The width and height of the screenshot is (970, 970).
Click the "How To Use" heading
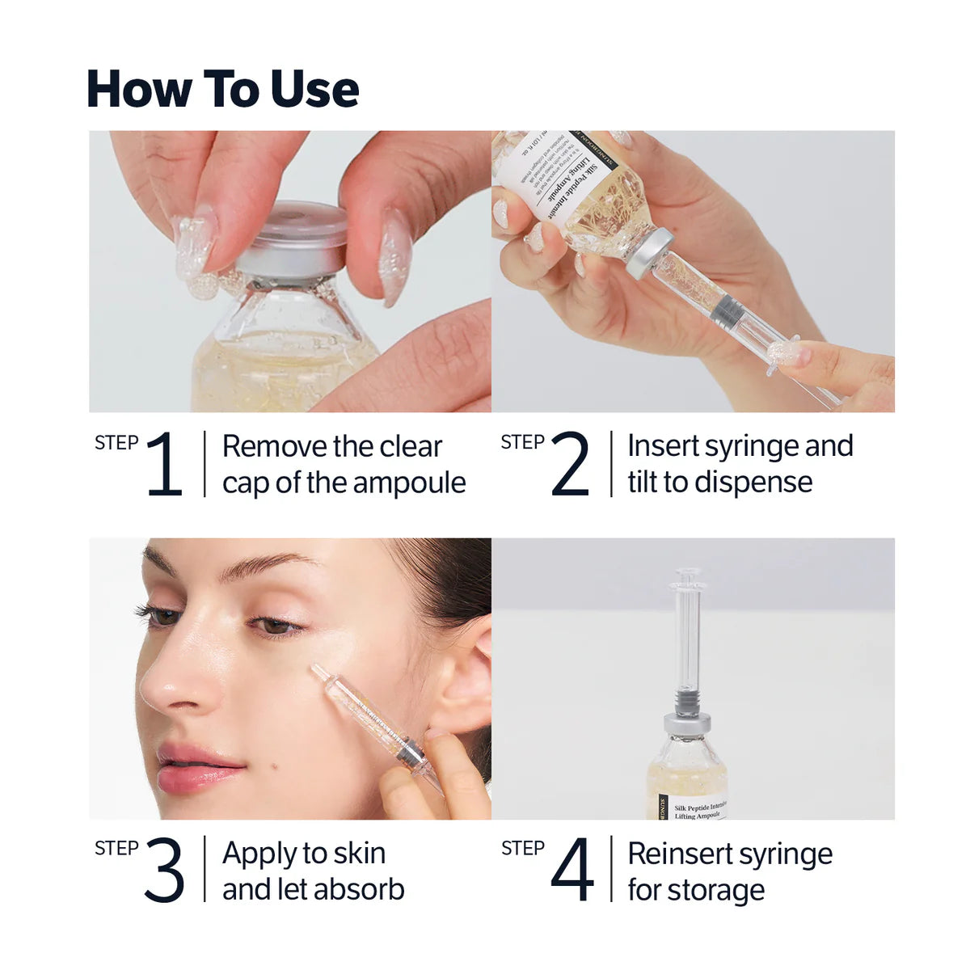click(222, 89)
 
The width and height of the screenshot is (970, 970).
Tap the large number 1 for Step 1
click(165, 464)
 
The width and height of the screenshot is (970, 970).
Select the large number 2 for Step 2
click(570, 464)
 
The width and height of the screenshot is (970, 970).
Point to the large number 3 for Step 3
click(164, 871)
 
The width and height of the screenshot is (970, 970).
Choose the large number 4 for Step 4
click(571, 871)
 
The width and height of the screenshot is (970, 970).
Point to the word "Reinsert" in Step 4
click(680, 854)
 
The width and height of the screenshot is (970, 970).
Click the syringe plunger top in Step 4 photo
click(687, 576)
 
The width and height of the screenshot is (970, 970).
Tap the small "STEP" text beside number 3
click(116, 848)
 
